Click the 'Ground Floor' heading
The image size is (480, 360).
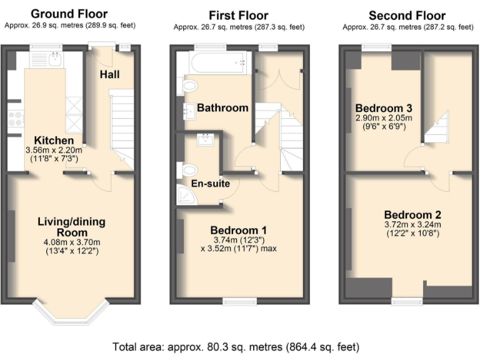(69, 14)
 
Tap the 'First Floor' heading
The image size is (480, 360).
(238, 15)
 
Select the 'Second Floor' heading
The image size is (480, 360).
(407, 15)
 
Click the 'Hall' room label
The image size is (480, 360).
(109, 75)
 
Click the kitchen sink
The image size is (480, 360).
(56, 59)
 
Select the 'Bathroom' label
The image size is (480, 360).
(222, 107)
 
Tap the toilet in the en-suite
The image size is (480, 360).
(187, 169)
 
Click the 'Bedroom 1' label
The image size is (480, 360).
(238, 229)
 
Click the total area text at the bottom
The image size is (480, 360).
(236, 346)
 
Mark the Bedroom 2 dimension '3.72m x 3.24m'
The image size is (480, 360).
(412, 225)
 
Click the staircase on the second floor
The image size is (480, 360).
(437, 128)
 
